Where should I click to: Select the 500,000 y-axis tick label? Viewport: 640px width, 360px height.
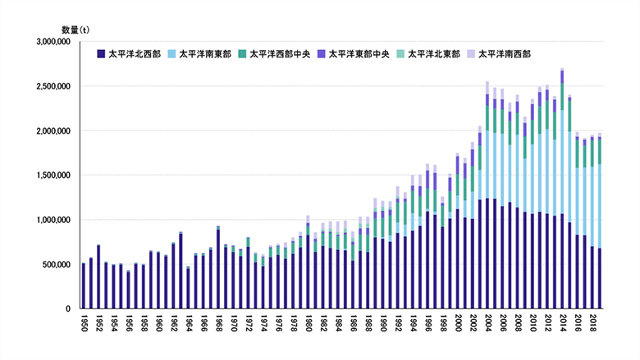click(x=57, y=264)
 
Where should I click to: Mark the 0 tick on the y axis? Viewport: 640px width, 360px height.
click(x=71, y=308)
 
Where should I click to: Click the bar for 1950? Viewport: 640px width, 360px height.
click(x=84, y=285)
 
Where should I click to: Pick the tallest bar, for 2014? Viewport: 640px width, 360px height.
click(x=562, y=189)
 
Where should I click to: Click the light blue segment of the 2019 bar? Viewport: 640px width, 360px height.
click(x=599, y=206)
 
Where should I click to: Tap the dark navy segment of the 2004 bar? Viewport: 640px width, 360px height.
click(x=487, y=253)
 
